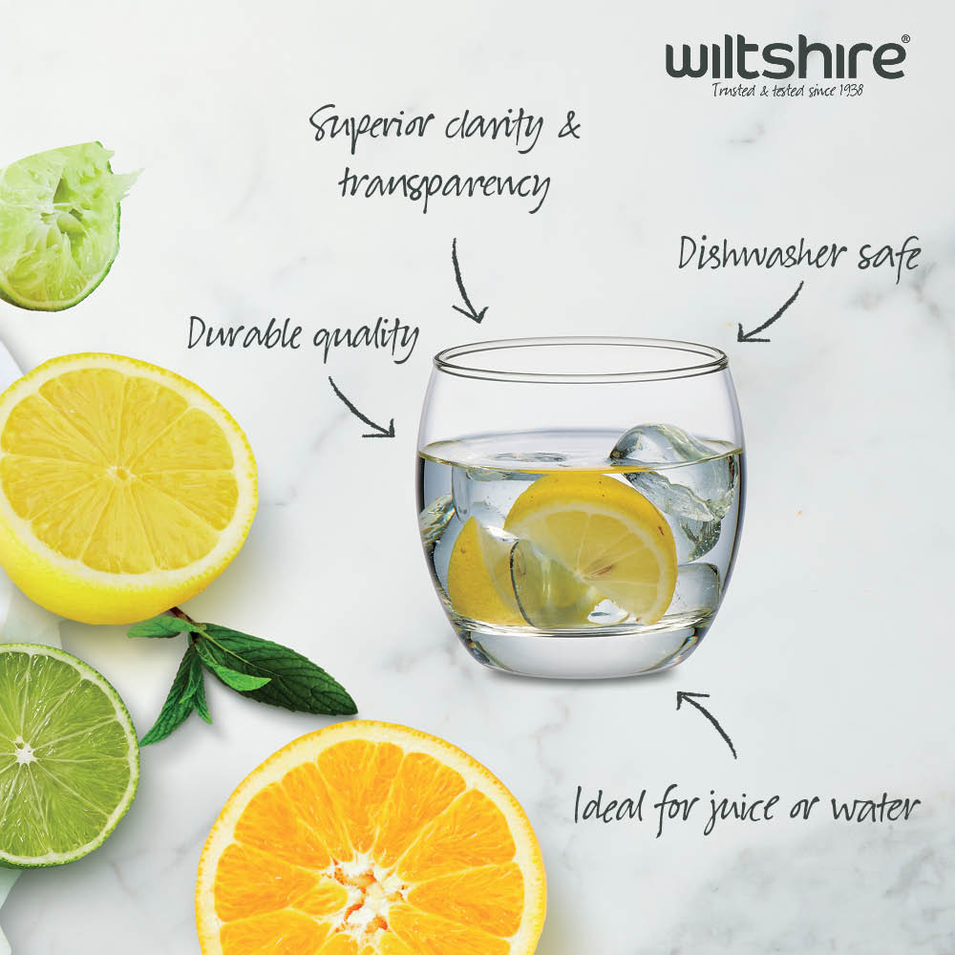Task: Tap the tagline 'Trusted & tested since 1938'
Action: click(x=788, y=91)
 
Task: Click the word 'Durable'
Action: click(x=244, y=333)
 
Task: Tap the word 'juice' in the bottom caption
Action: click(x=741, y=810)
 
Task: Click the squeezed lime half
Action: click(x=61, y=226)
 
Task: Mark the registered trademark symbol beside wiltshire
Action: click(x=905, y=38)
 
